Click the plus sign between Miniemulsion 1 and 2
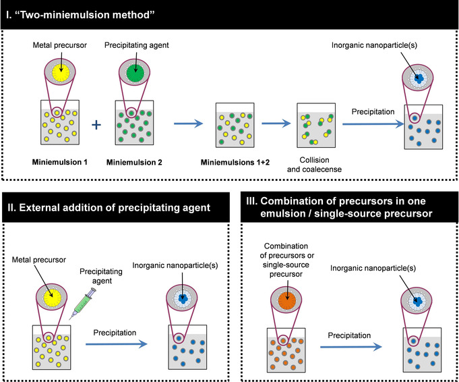pos(96,124)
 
